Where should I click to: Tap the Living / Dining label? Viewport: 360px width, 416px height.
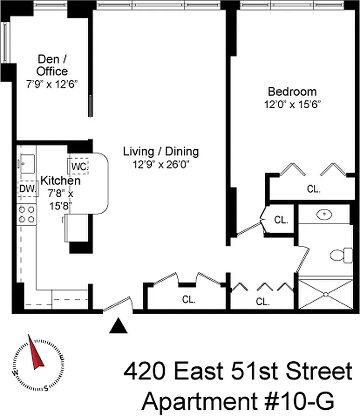[161, 152]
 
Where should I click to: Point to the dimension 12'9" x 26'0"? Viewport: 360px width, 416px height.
[161, 164]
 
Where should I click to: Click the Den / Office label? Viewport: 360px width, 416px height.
[52, 65]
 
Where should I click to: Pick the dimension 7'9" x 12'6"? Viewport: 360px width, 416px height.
[52, 83]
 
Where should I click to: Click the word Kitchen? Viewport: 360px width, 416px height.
[61, 181]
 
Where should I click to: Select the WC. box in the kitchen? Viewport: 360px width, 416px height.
[79, 166]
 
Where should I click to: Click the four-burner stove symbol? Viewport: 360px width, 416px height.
[27, 214]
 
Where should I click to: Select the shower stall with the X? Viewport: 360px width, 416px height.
[327, 294]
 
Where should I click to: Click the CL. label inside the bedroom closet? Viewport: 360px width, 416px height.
[313, 190]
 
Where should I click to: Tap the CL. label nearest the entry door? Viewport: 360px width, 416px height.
[188, 300]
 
